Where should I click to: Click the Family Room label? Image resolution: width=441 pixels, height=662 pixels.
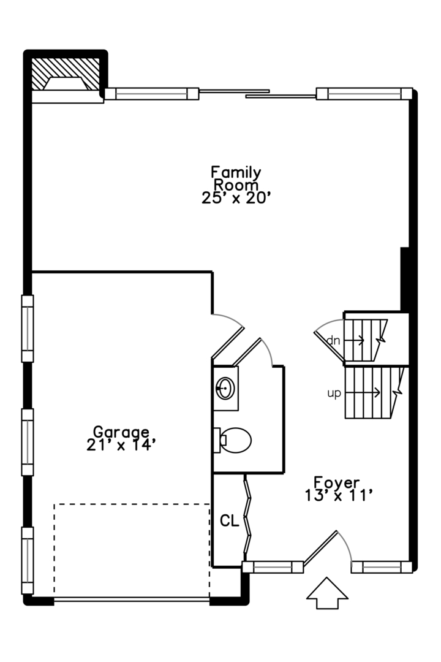pyautogui.click(x=236, y=178)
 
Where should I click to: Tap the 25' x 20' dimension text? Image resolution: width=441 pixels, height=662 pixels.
pyautogui.click(x=236, y=198)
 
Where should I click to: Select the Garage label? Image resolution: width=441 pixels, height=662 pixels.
pyautogui.click(x=121, y=432)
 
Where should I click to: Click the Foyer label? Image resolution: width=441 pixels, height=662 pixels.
pyautogui.click(x=336, y=482)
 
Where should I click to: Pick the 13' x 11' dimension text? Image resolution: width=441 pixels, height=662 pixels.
pyautogui.click(x=338, y=496)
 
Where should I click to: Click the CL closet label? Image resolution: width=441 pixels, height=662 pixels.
pyautogui.click(x=229, y=521)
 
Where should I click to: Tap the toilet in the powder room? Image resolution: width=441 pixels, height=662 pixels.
pyautogui.click(x=235, y=440)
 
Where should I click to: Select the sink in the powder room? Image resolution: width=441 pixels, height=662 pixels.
pyautogui.click(x=225, y=388)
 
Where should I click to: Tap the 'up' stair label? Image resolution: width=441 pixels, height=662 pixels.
pyautogui.click(x=334, y=394)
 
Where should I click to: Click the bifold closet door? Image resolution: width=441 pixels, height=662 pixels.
pyautogui.click(x=248, y=515)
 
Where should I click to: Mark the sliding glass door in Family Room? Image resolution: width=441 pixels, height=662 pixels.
pyautogui.click(x=257, y=94)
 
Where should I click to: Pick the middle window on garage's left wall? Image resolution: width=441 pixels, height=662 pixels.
pyautogui.click(x=28, y=441)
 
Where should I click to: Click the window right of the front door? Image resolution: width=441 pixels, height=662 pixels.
pyautogui.click(x=381, y=568)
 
